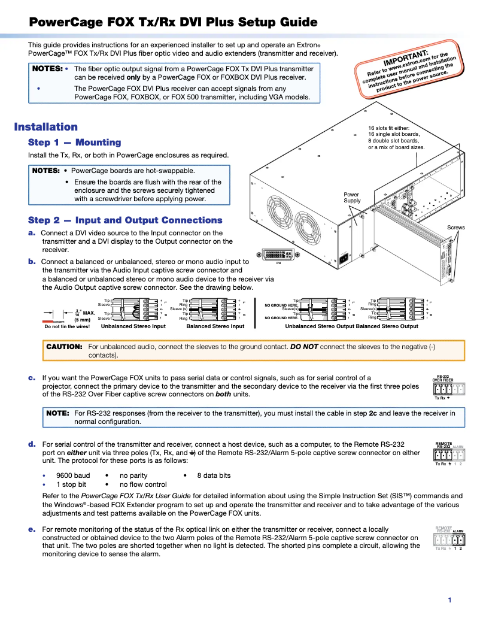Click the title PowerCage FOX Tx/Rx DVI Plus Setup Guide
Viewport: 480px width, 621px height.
tap(174, 23)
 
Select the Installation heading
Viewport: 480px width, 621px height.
tap(46, 127)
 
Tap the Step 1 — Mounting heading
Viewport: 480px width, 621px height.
tap(74, 143)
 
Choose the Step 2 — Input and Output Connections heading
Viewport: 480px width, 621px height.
tap(125, 220)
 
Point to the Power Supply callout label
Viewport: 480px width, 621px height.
tap(352, 198)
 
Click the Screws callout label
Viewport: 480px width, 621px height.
tap(456, 228)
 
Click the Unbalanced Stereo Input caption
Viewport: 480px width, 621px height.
tap(133, 326)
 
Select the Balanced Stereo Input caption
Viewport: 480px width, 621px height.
tap(215, 326)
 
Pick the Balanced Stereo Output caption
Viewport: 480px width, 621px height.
tap(387, 326)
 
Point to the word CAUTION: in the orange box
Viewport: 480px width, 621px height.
tap(64, 347)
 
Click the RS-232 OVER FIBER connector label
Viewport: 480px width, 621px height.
tap(443, 378)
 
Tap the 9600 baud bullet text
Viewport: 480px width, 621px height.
tap(73, 475)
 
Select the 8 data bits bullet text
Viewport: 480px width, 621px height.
tap(214, 475)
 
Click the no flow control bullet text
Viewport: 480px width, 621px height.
tap(143, 484)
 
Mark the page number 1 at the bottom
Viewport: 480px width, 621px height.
tap(449, 600)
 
